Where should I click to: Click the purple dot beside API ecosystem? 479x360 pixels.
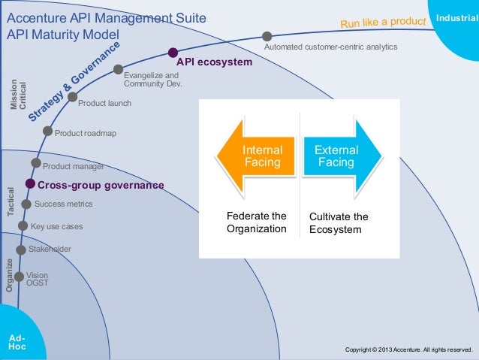(x=173, y=53)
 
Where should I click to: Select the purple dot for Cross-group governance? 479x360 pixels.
(x=30, y=183)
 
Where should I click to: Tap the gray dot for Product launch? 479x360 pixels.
(x=72, y=97)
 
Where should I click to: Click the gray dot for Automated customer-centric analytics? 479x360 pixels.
(x=267, y=36)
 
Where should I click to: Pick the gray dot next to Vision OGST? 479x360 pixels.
(x=19, y=277)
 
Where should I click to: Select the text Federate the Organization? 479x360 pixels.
(x=257, y=222)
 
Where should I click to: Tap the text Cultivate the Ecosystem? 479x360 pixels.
(x=339, y=222)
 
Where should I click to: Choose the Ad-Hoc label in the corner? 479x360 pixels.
(x=17, y=343)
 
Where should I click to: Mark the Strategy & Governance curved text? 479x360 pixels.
(x=74, y=83)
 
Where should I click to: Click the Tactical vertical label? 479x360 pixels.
(x=11, y=201)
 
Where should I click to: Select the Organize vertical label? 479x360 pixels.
(x=10, y=274)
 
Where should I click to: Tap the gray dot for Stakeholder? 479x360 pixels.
(x=21, y=250)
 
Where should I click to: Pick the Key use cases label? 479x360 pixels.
(x=56, y=226)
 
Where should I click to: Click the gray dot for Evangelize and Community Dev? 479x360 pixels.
(x=118, y=69)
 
